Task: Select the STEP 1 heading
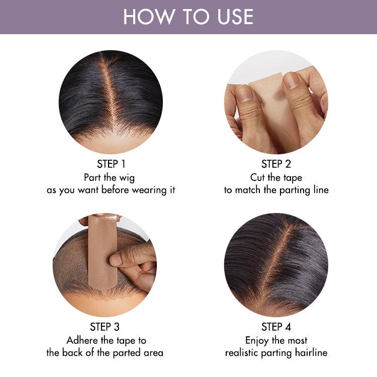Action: (111, 164)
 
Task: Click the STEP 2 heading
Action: (276, 164)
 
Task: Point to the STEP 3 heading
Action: (105, 327)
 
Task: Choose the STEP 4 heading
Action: (276, 327)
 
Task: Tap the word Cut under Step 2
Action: (259, 177)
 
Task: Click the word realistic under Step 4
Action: (244, 353)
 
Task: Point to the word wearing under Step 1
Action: (149, 191)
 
